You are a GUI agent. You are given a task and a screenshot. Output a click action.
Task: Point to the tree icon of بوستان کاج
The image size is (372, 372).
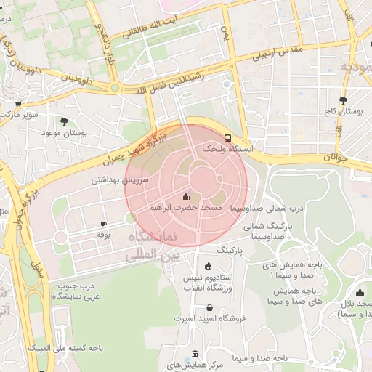tap(343, 100)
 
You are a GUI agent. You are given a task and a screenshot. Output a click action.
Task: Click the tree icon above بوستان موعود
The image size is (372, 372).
tap(64, 121)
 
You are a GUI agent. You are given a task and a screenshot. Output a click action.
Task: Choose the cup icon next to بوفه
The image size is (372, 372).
tap(103, 224)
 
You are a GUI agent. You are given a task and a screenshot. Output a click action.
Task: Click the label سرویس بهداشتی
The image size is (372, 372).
tap(120, 179)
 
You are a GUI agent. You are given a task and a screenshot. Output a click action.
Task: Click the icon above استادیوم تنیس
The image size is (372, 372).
tap(209, 266)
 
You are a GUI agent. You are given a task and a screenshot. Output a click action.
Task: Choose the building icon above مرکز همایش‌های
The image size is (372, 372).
tap(194, 354)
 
